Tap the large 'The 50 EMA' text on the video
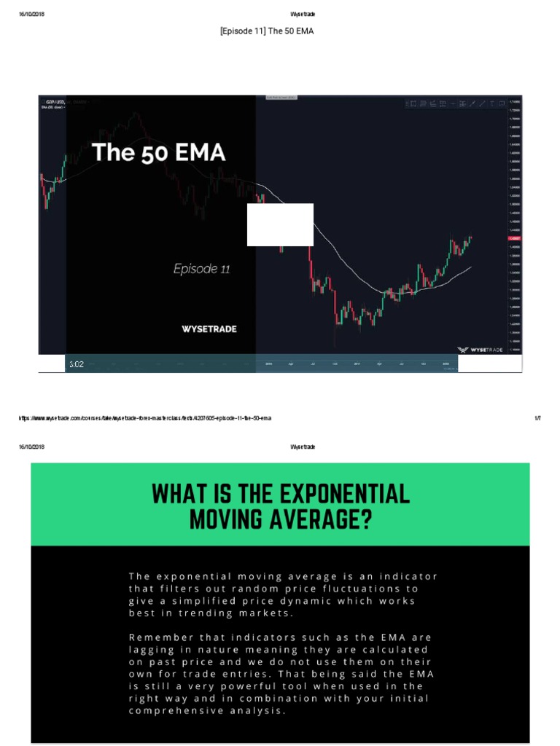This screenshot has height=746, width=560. point(158,153)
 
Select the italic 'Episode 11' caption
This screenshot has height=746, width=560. point(201,269)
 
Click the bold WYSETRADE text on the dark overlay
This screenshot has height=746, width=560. point(209,329)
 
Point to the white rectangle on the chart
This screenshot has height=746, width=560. point(280,224)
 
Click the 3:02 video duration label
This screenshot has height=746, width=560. point(77,364)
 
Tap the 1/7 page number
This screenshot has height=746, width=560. point(538,418)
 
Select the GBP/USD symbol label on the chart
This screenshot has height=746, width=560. point(54,101)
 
